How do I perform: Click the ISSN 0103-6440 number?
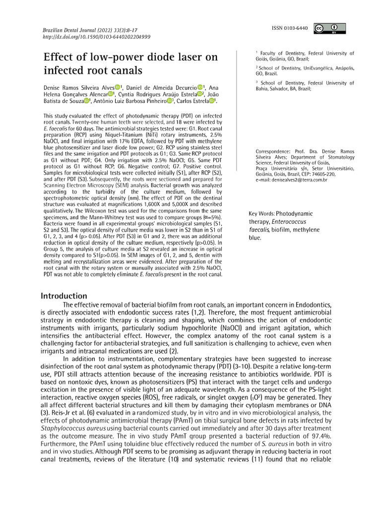pos(290,29)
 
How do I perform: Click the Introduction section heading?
pos(63,296)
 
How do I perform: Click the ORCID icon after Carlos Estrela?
pos(212,102)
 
